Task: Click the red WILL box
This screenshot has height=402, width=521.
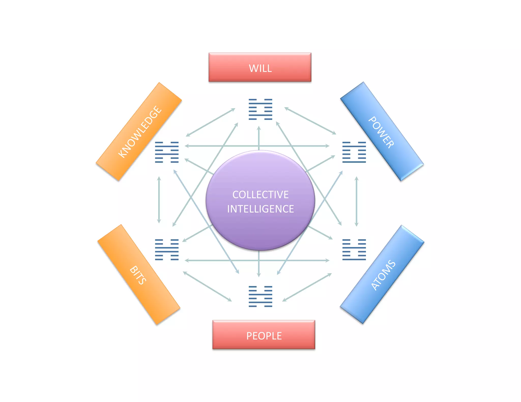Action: (260, 67)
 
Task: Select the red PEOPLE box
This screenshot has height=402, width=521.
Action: (264, 335)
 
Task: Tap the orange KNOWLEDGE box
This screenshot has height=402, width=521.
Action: (139, 131)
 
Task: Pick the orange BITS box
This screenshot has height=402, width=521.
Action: (139, 275)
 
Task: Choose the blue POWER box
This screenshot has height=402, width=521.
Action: (382, 131)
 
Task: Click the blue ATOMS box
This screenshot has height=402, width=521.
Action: (382, 274)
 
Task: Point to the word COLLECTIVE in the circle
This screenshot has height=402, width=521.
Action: (260, 195)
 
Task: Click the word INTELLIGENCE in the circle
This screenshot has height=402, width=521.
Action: (260, 209)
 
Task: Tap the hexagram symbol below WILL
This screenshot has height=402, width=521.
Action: (260, 109)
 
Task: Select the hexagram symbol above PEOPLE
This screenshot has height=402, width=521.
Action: (260, 296)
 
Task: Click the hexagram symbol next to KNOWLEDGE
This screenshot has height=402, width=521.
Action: (167, 152)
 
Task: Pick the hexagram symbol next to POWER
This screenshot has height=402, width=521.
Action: (354, 152)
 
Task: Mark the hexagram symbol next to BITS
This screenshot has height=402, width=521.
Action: (167, 250)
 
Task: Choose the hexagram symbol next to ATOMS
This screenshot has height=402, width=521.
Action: (354, 250)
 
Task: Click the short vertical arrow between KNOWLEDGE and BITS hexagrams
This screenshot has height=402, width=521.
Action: (159, 200)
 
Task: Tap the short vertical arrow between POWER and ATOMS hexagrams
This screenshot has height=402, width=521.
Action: (356, 201)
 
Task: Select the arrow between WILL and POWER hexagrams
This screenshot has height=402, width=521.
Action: (310, 121)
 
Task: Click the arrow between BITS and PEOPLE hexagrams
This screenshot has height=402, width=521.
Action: (207, 286)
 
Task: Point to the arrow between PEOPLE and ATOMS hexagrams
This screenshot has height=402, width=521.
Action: (307, 287)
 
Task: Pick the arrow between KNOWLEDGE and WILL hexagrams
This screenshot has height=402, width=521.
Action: (211, 122)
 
